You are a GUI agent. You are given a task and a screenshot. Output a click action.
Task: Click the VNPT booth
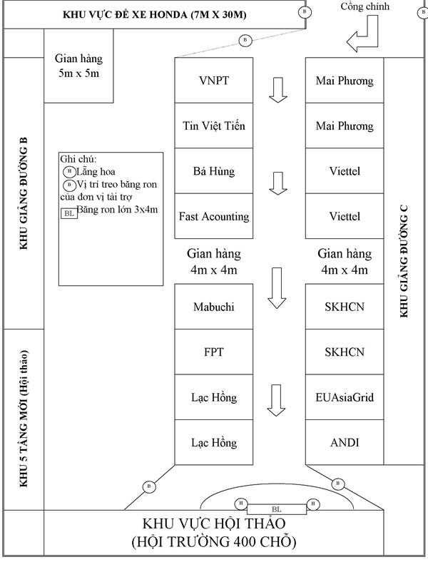click(x=214, y=81)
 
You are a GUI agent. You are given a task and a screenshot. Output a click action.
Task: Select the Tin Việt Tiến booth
click(x=214, y=126)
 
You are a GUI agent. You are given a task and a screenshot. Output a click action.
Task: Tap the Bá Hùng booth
click(x=214, y=170)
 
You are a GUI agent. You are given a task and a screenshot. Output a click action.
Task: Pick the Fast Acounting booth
click(x=214, y=216)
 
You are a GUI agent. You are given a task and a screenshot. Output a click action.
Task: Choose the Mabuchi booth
click(x=214, y=307)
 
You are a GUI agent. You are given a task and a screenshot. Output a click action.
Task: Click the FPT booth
click(x=214, y=352)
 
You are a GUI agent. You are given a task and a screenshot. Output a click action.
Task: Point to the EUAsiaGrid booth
click(x=345, y=397)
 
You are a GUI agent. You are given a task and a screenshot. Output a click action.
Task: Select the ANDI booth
click(x=345, y=442)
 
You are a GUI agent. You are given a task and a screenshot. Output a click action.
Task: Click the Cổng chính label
click(x=365, y=6)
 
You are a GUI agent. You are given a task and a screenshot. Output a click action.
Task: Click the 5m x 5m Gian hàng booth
click(x=79, y=66)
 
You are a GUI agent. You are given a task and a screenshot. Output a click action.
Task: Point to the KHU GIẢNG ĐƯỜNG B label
click(x=24, y=193)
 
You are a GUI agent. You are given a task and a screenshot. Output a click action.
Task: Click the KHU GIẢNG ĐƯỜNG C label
click(x=404, y=261)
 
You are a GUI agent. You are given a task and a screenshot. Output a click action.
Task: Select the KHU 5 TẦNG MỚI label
click(x=24, y=419)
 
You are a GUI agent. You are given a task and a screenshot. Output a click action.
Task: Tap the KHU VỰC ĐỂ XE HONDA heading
click(x=155, y=15)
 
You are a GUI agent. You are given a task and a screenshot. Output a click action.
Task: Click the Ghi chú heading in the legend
click(x=78, y=159)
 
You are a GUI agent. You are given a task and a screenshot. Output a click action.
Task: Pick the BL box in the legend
click(x=69, y=213)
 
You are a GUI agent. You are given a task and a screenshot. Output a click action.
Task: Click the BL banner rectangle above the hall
click(x=276, y=509)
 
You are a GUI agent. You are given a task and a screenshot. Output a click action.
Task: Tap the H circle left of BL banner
click(x=241, y=504)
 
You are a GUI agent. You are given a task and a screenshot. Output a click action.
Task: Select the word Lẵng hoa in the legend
click(x=96, y=172)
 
